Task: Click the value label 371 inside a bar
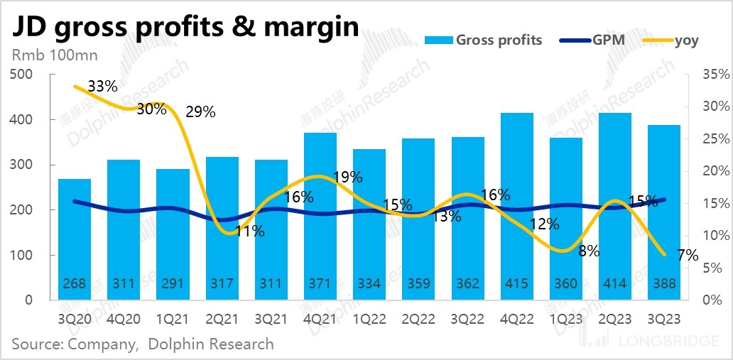(x=320, y=284)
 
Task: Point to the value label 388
(x=663, y=284)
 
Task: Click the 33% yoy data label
(x=103, y=87)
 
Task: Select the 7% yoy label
(x=687, y=255)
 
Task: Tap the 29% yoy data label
(x=200, y=111)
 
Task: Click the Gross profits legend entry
(x=483, y=40)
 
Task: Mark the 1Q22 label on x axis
(x=369, y=318)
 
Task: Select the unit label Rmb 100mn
(x=54, y=55)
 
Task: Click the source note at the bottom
(x=142, y=344)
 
